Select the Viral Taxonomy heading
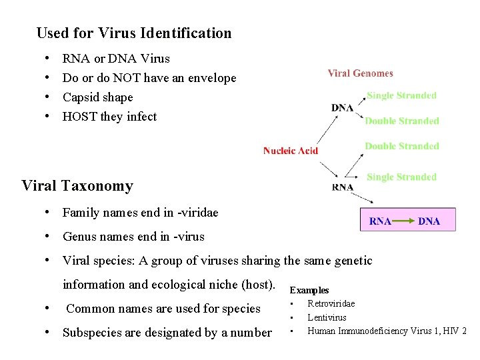click(x=77, y=185)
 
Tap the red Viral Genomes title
click(x=360, y=73)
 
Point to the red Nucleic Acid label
click(x=291, y=151)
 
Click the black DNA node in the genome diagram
click(x=343, y=108)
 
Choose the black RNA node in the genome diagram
click(x=343, y=187)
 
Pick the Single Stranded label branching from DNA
click(x=401, y=95)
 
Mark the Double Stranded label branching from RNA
click(x=401, y=146)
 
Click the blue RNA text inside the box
click(x=380, y=221)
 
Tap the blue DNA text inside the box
click(x=429, y=221)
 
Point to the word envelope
click(x=213, y=78)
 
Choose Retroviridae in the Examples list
click(x=331, y=304)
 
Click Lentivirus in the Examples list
click(x=327, y=317)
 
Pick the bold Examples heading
click(x=309, y=290)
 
